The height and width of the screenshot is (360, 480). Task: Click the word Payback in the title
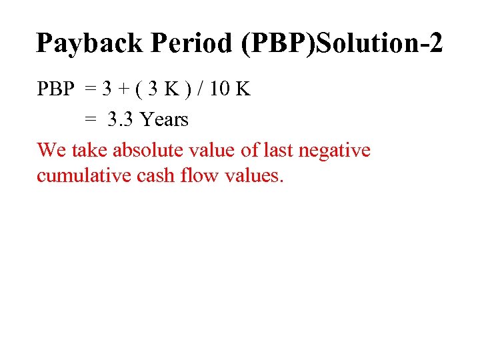pos(89,44)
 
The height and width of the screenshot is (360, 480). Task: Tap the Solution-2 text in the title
pos(374,44)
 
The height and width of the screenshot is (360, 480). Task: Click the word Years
pos(164,120)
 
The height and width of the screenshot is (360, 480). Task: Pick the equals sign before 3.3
pos(91,120)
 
